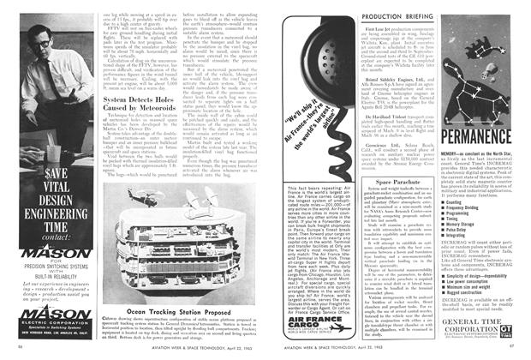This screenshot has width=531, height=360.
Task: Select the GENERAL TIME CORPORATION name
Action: pyautogui.click(x=476, y=322)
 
